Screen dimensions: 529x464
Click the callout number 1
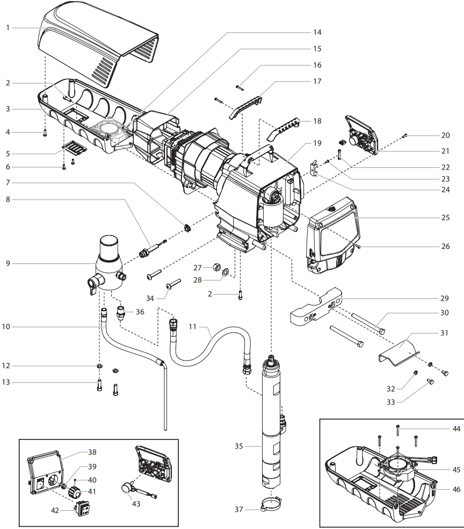tap(8, 27)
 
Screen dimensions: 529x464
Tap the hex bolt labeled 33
tap(430, 382)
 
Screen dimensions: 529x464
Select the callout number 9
tap(8, 263)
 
